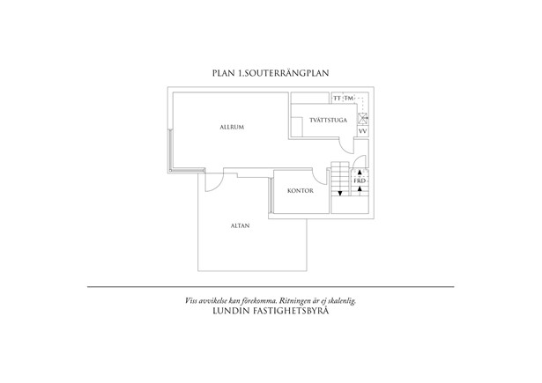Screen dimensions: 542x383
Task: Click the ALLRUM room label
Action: coord(232,127)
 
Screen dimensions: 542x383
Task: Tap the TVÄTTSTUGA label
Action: coord(329,121)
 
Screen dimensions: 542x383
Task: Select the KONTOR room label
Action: coord(301,191)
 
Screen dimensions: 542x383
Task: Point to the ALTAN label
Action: coord(241,226)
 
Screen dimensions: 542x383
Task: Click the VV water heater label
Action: coord(362,131)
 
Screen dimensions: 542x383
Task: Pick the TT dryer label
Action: coord(337,99)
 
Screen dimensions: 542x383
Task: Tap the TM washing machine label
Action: coord(349,99)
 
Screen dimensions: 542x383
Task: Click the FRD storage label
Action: coord(360,181)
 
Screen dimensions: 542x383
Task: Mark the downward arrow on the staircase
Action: coord(340,194)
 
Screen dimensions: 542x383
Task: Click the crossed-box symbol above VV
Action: coord(362,119)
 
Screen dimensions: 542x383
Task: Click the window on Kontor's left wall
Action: coord(271,195)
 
